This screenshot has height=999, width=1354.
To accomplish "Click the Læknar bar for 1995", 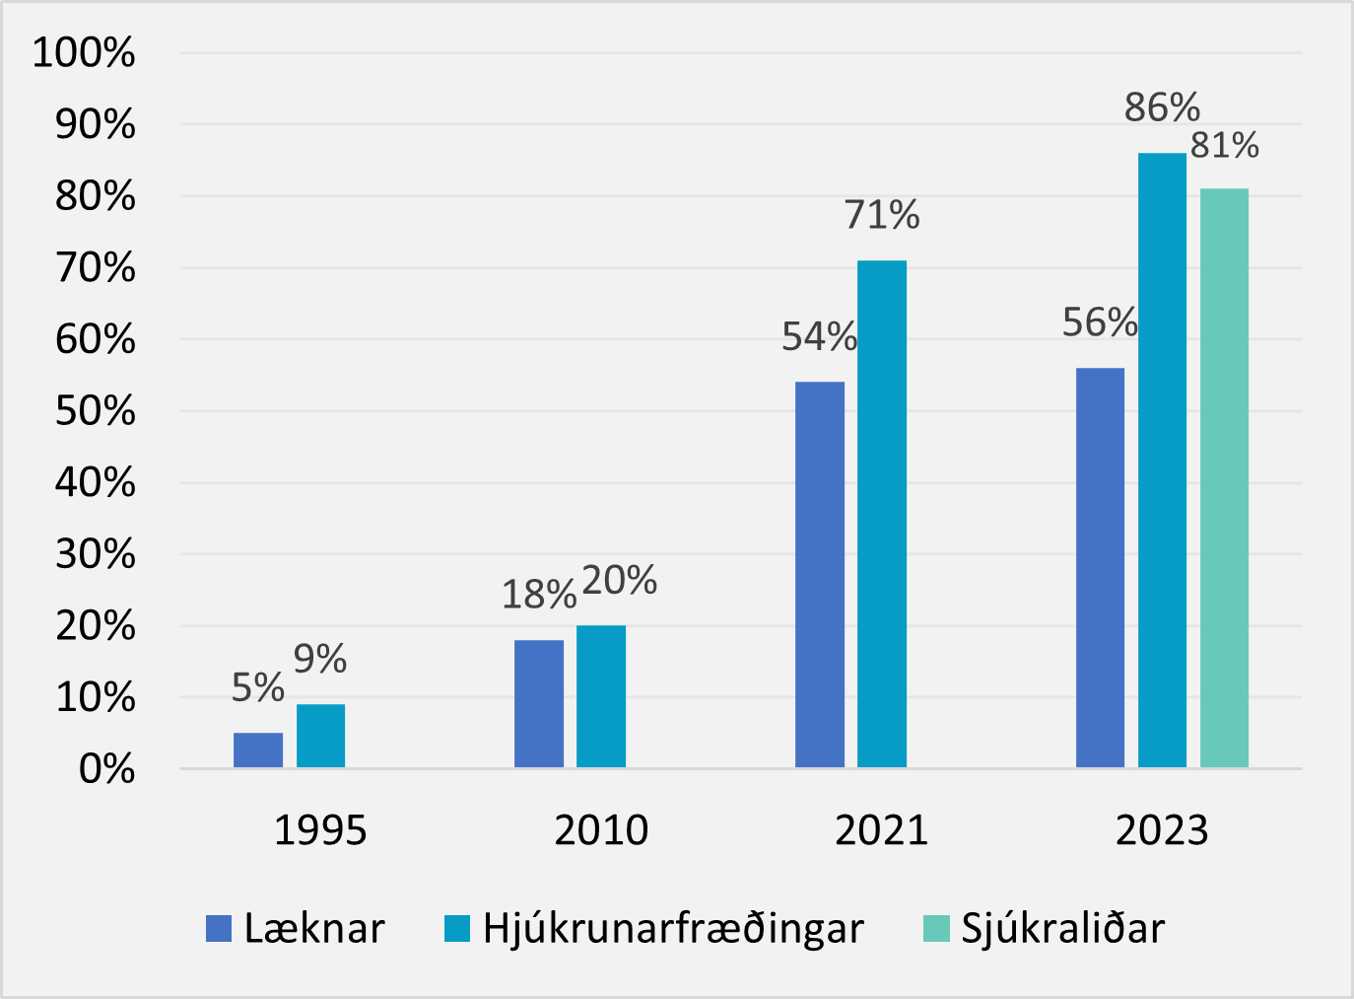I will [x=258, y=750].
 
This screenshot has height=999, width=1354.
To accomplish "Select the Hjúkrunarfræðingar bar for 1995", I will [x=320, y=736].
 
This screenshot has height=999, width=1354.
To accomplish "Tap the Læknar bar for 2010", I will [x=539, y=703].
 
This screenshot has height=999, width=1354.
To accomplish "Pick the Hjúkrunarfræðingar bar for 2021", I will [x=882, y=514].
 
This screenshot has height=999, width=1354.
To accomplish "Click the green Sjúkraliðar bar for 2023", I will [x=1224, y=478].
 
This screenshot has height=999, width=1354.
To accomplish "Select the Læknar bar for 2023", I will [x=1100, y=568].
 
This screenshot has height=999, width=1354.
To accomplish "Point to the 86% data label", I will [x=1162, y=107].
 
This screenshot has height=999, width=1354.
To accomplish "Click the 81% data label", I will [x=1225, y=146].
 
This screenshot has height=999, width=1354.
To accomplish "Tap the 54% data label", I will [x=819, y=337].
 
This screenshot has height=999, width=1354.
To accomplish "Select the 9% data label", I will [x=320, y=659].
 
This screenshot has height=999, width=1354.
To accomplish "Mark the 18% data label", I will [x=539, y=595].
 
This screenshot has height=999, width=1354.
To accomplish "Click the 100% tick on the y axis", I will [x=84, y=53].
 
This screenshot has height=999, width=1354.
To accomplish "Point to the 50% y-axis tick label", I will [x=95, y=411].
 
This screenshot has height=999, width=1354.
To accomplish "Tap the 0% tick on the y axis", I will [x=106, y=769].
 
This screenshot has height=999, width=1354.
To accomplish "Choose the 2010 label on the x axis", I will [x=601, y=830].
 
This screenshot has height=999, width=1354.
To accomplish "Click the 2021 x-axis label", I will [x=882, y=830].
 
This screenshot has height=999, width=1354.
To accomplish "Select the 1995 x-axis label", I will [x=320, y=830].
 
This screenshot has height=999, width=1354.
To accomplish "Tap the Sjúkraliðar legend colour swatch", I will [x=936, y=929].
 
